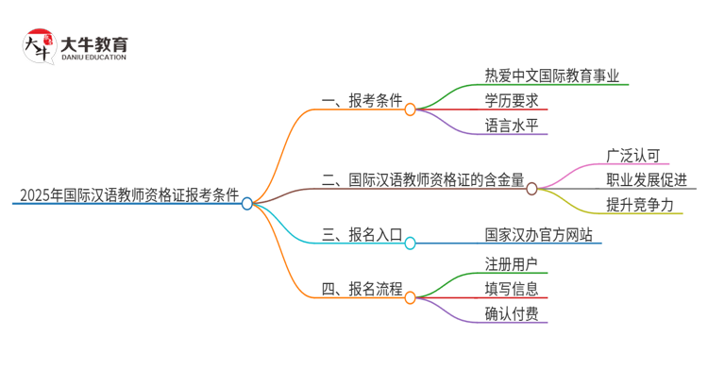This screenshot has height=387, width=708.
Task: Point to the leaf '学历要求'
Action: click(x=512, y=101)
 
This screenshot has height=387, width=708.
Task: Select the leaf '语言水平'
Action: click(x=512, y=125)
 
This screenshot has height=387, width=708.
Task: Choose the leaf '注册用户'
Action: click(x=512, y=264)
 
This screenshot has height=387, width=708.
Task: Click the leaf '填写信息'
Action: click(x=512, y=289)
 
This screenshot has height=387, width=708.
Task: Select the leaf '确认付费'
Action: click(x=512, y=313)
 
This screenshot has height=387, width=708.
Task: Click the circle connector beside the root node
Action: click(x=247, y=203)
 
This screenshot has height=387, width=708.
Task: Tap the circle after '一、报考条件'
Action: click(x=410, y=109)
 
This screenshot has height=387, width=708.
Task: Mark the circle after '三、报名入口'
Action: click(x=410, y=244)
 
